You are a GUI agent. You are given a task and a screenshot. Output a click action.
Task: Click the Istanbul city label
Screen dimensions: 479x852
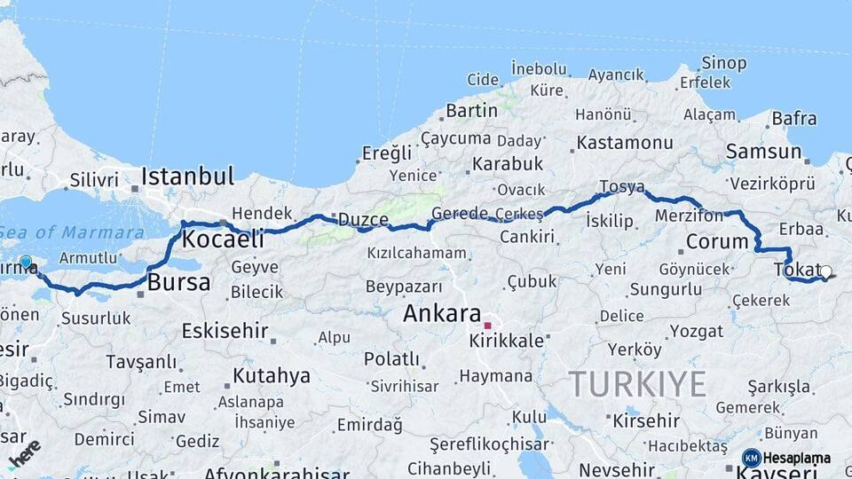click(x=187, y=175)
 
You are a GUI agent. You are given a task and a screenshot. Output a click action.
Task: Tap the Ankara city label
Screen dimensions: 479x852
click(x=441, y=313)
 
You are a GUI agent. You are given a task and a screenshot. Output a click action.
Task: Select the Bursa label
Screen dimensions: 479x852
click(x=178, y=283)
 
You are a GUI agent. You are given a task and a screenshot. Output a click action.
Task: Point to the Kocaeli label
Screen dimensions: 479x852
click(x=223, y=239)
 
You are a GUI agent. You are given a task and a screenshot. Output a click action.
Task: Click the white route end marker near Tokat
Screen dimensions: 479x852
click(x=825, y=272)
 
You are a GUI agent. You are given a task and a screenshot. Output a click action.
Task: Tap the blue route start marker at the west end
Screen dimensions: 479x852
click(x=26, y=263)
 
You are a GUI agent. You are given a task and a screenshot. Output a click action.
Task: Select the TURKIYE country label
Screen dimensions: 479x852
click(x=637, y=383)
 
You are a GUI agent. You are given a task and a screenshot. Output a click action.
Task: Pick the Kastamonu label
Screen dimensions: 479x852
click(x=625, y=142)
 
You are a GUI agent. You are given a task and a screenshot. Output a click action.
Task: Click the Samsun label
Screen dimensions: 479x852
click(x=763, y=152)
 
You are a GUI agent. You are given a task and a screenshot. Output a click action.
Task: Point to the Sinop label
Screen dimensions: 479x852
click(x=724, y=62)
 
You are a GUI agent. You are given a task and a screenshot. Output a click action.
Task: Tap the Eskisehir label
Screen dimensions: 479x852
click(x=225, y=331)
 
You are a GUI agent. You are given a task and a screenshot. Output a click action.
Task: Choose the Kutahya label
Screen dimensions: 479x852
click(x=271, y=376)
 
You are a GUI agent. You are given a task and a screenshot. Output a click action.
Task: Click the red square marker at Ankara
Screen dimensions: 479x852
click(x=487, y=326)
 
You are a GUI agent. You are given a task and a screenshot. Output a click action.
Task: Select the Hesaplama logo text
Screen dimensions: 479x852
click(x=796, y=458)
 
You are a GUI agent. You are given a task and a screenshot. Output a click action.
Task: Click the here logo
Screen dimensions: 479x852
click(x=24, y=452)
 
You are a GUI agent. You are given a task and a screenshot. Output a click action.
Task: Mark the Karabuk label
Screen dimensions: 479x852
click(x=507, y=164)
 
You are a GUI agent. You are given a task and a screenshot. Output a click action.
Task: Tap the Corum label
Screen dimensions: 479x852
click(x=717, y=241)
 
